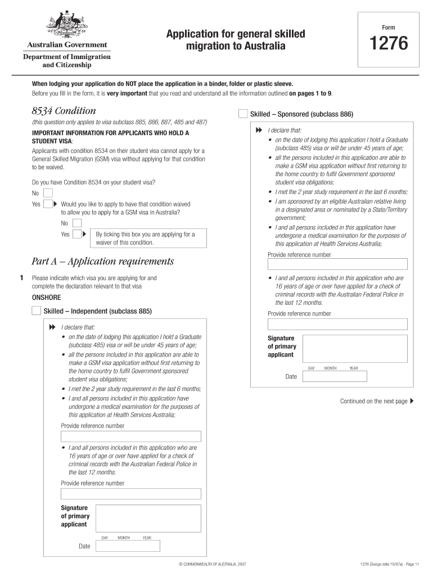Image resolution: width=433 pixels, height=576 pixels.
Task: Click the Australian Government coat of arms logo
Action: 66,25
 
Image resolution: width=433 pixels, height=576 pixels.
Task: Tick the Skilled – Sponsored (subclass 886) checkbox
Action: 242,114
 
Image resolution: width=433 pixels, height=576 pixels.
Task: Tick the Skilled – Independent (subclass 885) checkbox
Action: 37,310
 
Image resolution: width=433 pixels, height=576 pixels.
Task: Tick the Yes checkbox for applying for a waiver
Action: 76,234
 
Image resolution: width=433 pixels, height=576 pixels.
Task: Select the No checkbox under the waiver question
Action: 76,223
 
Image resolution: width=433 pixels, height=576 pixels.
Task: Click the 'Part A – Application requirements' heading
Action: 102,262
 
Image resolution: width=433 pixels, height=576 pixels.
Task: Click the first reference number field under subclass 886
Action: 337,264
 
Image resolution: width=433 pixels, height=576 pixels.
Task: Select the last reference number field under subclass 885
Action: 130,494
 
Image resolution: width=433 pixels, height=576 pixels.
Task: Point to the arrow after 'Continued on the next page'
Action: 412,401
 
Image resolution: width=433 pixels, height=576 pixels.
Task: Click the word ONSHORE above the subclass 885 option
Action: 46,298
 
